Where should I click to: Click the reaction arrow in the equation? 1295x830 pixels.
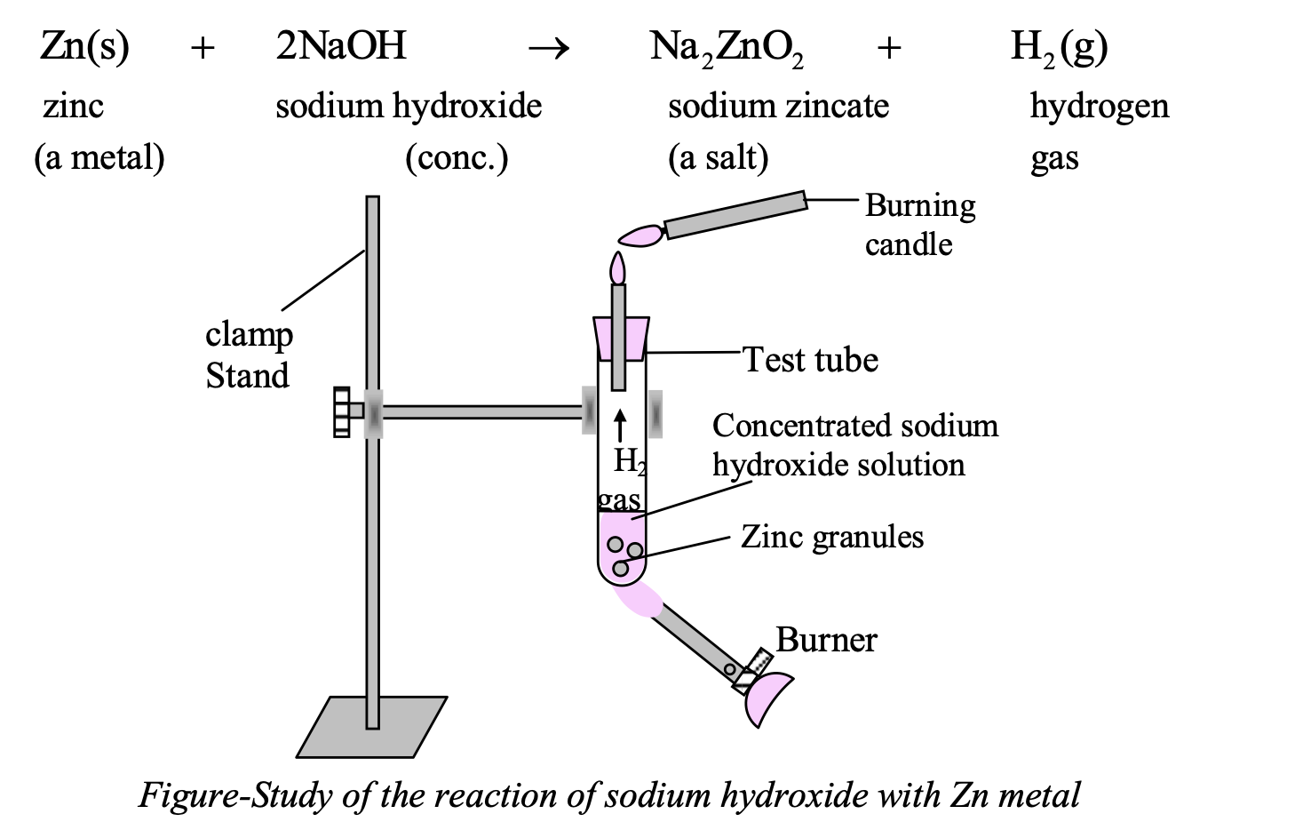(x=548, y=49)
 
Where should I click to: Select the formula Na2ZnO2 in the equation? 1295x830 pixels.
(x=726, y=47)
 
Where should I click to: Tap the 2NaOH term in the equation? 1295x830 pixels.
(x=341, y=45)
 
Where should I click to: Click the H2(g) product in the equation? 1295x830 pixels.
(x=1059, y=47)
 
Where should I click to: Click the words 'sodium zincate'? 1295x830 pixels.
(x=778, y=106)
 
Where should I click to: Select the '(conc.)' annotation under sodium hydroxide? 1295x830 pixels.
(x=457, y=157)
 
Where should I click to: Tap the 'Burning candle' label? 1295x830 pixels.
(x=919, y=224)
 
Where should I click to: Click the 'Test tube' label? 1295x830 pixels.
(x=810, y=360)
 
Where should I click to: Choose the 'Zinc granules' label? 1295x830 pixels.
(x=832, y=537)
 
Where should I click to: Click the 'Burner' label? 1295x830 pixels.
(x=826, y=640)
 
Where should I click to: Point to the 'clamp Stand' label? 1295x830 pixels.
(x=248, y=355)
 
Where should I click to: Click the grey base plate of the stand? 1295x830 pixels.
(x=373, y=727)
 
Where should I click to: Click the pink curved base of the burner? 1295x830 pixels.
(x=768, y=698)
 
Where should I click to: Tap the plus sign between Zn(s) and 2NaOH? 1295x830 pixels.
(x=203, y=49)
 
